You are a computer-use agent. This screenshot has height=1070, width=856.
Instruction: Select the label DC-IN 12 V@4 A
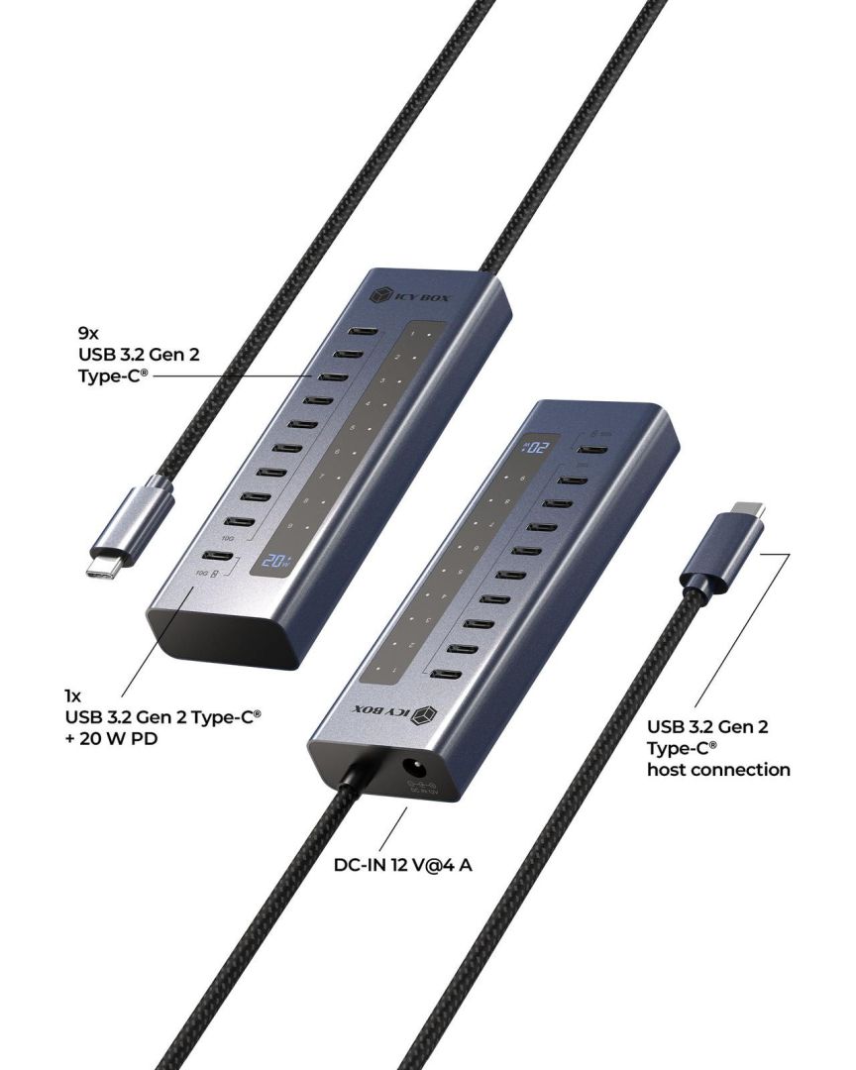click(x=403, y=865)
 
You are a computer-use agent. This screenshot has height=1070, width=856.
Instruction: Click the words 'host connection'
click(x=718, y=769)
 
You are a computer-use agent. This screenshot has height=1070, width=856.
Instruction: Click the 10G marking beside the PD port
click(x=204, y=575)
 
